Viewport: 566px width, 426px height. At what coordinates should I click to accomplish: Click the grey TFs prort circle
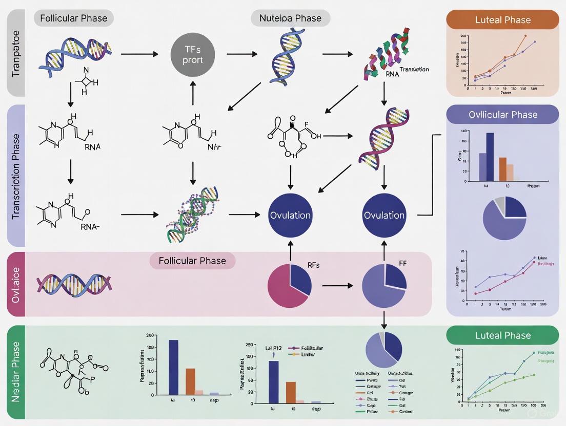click(x=194, y=54)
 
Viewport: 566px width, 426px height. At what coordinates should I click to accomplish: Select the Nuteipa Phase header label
click(x=291, y=18)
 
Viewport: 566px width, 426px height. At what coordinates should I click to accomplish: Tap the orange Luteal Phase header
click(x=503, y=20)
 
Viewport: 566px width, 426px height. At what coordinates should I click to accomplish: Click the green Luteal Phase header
click(x=503, y=335)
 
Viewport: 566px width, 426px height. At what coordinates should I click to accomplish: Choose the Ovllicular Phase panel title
click(x=503, y=115)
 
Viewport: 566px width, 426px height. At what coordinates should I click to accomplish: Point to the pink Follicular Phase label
click(x=192, y=261)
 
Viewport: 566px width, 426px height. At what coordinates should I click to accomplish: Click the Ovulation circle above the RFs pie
click(x=290, y=215)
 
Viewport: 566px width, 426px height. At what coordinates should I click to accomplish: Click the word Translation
click(x=414, y=69)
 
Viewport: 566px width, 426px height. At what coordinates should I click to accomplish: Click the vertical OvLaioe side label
click(x=16, y=284)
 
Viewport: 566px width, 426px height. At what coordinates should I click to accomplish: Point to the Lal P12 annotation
click(x=274, y=348)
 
